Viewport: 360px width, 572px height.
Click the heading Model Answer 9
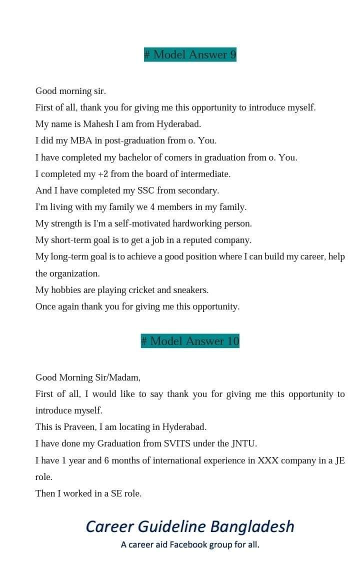point(190,54)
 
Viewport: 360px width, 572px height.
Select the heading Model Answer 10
point(190,341)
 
